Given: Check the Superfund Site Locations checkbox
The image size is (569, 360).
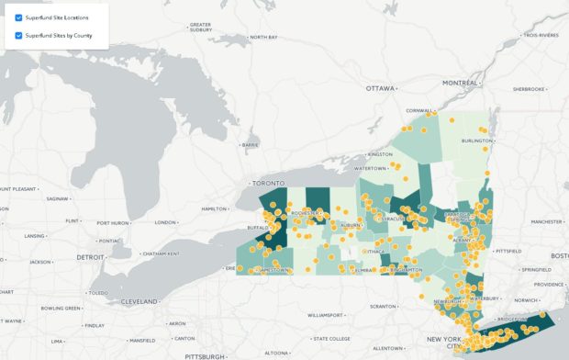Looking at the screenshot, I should [18, 17].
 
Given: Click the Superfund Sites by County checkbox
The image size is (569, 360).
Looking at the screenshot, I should [18, 36].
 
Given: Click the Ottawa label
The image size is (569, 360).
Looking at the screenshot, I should [380, 88].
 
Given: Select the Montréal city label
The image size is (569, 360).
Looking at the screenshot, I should [460, 83].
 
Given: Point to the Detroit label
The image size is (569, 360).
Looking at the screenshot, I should [91, 256].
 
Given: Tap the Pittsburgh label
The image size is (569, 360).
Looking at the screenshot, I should [205, 354].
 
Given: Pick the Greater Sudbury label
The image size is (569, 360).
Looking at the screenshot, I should [200, 27].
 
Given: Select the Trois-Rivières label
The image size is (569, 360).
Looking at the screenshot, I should [542, 35].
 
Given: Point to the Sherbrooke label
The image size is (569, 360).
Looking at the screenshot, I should [529, 89].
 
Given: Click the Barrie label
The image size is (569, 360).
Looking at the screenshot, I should [250, 144].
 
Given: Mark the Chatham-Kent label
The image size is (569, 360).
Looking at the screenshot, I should [160, 253].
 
